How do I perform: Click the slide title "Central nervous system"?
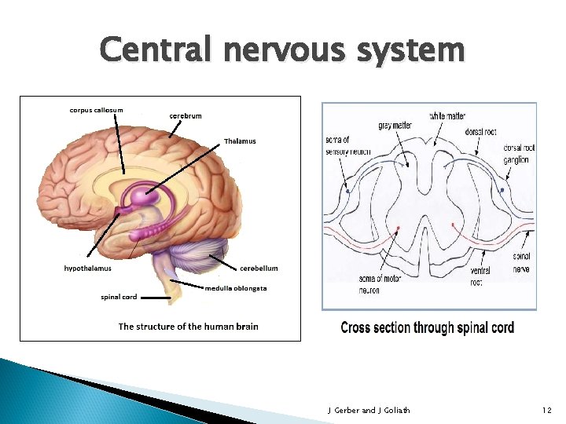tap(282, 50)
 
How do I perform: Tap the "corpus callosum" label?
tap(96, 110)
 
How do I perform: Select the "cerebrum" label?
tap(186, 116)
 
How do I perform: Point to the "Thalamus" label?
tap(240, 141)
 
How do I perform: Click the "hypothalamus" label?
tap(88, 269)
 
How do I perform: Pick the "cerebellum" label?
tap(259, 269)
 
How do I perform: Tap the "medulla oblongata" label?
tap(236, 288)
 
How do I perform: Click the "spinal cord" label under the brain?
tap(119, 297)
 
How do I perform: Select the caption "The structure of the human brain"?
tap(188, 327)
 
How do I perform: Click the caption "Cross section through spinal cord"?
tap(428, 327)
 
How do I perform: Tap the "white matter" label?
tap(447, 116)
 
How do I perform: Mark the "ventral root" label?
tap(480, 276)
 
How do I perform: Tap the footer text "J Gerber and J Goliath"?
tap(368, 410)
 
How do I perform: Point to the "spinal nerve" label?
tap(521, 262)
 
